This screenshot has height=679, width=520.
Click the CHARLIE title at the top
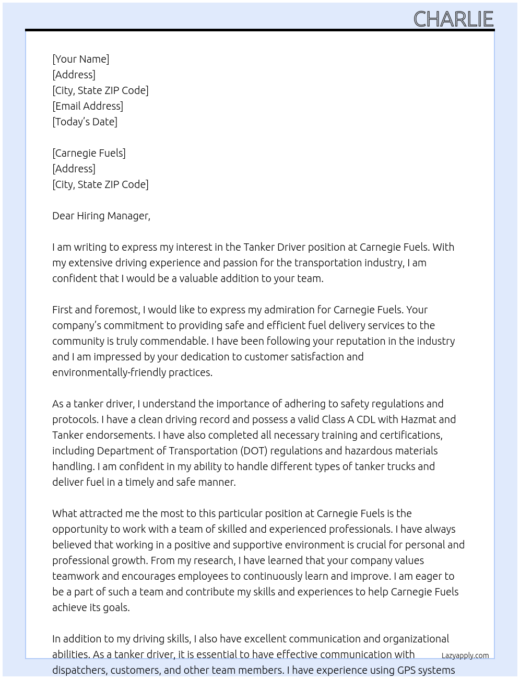click(x=453, y=19)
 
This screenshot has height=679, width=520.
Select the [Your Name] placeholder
click(x=81, y=59)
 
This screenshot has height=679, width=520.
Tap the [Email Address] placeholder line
click(x=88, y=106)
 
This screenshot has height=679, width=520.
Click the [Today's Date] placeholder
click(x=85, y=122)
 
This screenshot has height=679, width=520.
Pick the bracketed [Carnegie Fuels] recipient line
click(x=89, y=153)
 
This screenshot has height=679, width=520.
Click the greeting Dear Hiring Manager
click(x=101, y=216)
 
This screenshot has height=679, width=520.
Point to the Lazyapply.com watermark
click(x=465, y=655)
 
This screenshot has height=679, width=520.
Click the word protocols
click(x=75, y=419)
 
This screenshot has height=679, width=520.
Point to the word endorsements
click(x=120, y=435)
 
